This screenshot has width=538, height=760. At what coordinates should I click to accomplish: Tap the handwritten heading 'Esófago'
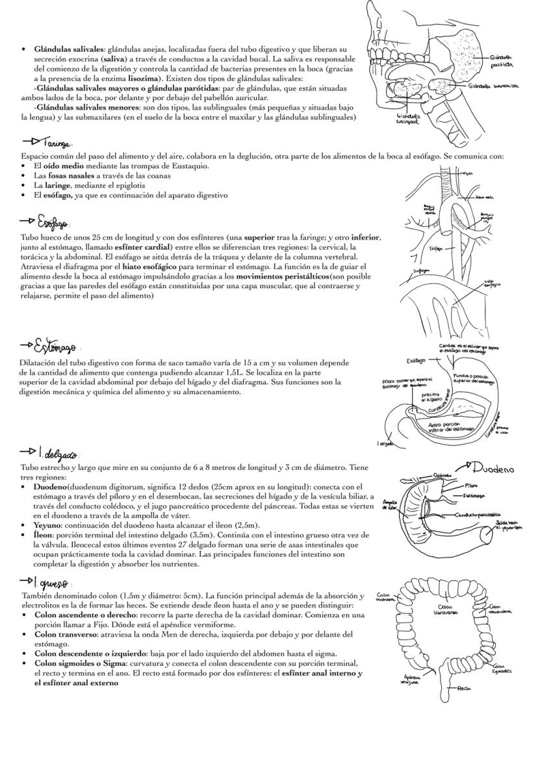(x=49, y=219)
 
